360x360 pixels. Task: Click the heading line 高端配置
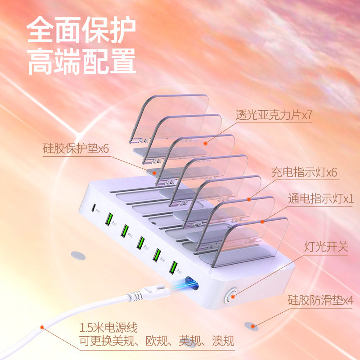(81, 62)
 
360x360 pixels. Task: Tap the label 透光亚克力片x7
(274, 115)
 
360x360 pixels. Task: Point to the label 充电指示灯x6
(304, 172)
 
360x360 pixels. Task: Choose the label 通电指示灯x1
(320, 198)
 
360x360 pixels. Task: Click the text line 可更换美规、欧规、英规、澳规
(157, 341)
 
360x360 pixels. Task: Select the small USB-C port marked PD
(94, 208)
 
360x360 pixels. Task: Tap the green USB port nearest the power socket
(172, 267)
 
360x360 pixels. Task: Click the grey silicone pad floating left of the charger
(78, 255)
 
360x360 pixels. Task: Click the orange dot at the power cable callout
(42, 328)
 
